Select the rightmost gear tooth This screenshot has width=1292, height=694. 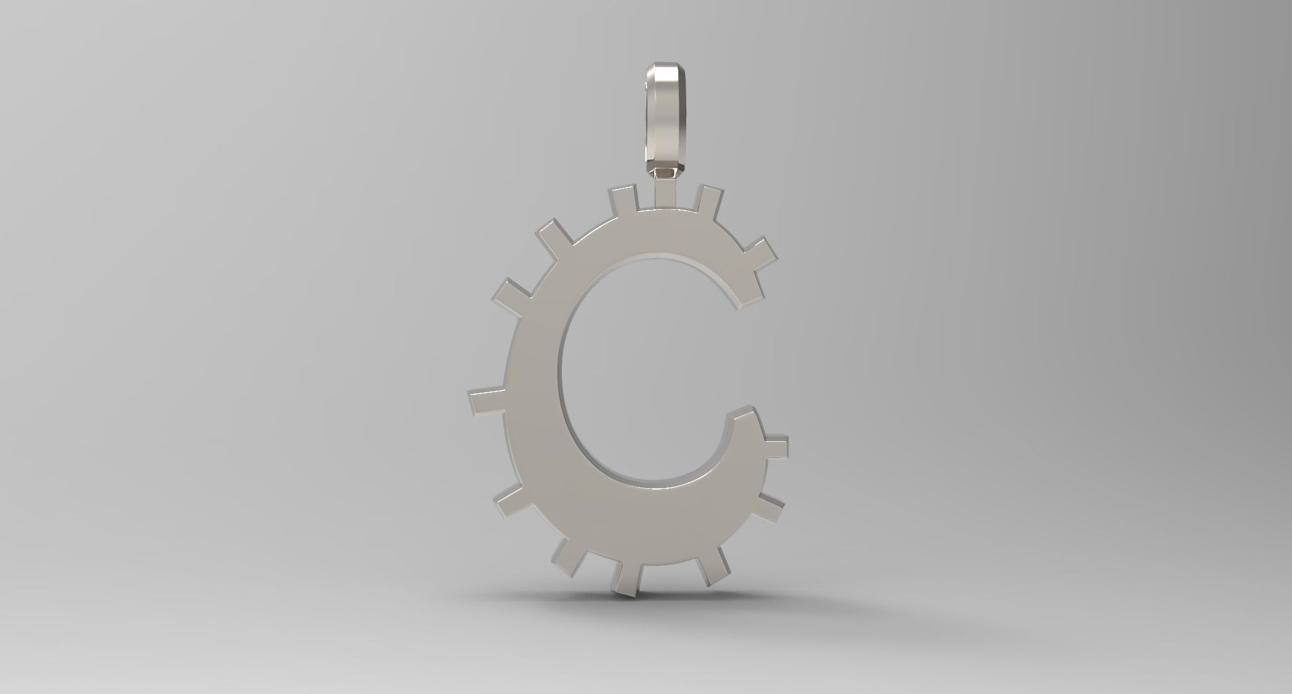[x=775, y=448]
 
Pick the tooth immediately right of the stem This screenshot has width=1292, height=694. [x=708, y=198]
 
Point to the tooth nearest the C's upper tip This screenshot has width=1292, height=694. [x=758, y=254]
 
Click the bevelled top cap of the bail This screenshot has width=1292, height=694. [x=664, y=71]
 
